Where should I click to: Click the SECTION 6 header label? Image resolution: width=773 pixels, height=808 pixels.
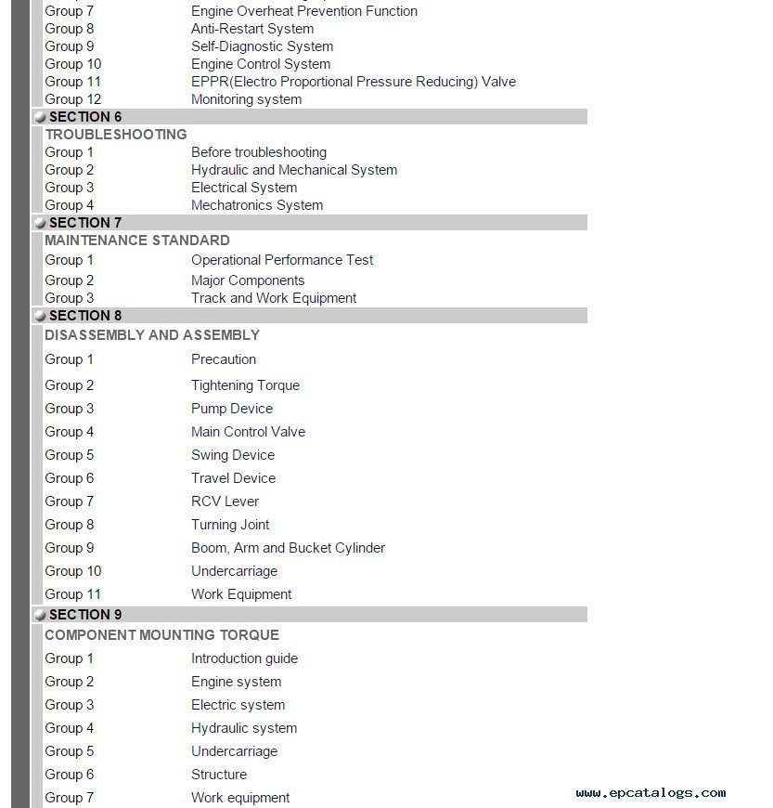[x=85, y=117]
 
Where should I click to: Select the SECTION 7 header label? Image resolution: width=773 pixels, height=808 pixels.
[x=85, y=223]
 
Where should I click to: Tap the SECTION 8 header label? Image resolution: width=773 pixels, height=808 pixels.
[x=85, y=316]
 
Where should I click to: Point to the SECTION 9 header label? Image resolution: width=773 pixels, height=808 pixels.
[x=85, y=615]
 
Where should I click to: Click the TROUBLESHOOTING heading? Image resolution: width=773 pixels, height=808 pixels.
[x=116, y=135]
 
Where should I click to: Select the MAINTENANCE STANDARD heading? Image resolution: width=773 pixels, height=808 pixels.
[x=137, y=241]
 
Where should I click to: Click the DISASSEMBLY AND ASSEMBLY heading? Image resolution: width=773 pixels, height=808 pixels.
[x=152, y=335]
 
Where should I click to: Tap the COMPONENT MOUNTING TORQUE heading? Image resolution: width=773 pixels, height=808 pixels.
[x=161, y=635]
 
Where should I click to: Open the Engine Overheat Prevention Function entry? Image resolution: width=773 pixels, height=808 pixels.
[x=304, y=11]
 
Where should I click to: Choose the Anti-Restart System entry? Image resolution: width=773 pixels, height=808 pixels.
[x=252, y=29]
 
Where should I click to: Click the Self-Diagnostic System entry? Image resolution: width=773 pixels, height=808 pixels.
[x=263, y=46]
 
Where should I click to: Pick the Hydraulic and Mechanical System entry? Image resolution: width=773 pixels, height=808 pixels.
[x=294, y=170]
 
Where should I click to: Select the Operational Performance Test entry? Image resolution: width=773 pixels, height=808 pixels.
[x=282, y=260]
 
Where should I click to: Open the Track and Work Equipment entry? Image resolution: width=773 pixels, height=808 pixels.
[x=274, y=298]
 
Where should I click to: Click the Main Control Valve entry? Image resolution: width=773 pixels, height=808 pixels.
[x=248, y=432]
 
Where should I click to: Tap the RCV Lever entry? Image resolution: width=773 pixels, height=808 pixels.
[x=225, y=502]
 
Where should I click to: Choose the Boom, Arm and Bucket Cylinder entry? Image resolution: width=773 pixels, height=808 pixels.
[x=288, y=548]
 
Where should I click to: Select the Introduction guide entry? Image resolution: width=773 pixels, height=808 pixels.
[x=244, y=658]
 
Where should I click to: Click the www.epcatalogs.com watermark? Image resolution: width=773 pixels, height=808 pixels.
[x=651, y=793]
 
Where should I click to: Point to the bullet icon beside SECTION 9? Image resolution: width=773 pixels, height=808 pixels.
[x=40, y=615]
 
